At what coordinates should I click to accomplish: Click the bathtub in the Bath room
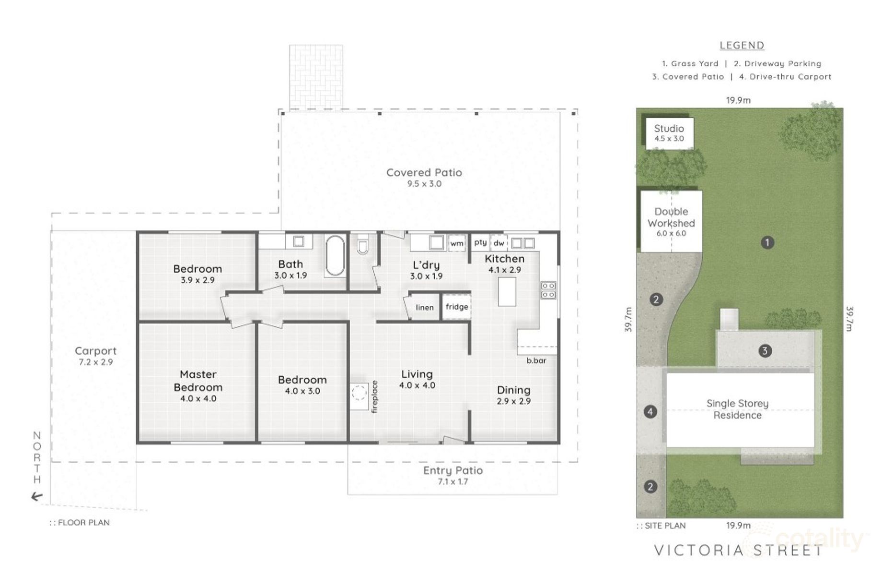(335, 256)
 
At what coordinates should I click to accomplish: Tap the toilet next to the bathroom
(363, 244)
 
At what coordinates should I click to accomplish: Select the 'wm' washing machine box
(457, 243)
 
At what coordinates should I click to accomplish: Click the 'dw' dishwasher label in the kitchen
(499, 243)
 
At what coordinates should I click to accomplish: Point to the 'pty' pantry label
(480, 242)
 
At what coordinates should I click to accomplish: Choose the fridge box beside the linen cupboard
(456, 307)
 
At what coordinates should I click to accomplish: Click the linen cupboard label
(425, 307)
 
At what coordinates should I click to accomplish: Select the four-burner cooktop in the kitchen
(548, 290)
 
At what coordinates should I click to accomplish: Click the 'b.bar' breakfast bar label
(536, 360)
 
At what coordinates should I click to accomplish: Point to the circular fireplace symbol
(359, 394)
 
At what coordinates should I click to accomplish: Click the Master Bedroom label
(198, 381)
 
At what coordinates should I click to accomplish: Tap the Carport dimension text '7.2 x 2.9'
(96, 362)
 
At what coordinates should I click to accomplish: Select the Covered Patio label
(424, 173)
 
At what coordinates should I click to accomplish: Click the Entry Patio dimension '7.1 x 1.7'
(453, 481)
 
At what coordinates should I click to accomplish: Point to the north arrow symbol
(37, 497)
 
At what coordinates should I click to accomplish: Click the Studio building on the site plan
(669, 133)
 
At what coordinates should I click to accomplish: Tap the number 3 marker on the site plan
(765, 351)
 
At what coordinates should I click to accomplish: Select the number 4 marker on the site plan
(650, 412)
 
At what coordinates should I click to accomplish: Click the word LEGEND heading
(742, 46)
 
